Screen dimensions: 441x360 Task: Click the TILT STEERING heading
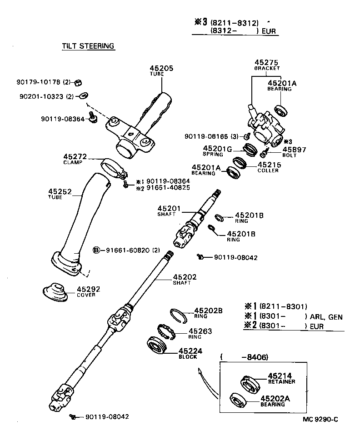88,46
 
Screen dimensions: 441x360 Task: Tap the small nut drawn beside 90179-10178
78,82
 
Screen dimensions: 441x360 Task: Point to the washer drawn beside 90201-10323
83,96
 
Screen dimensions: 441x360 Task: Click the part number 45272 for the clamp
75,156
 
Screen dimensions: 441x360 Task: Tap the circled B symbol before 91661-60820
96,250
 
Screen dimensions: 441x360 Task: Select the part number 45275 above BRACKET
266,62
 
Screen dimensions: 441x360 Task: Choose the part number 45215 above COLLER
268,165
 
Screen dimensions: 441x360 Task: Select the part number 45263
200,331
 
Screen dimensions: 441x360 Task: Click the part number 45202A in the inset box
275,398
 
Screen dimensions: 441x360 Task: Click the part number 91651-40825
168,187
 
